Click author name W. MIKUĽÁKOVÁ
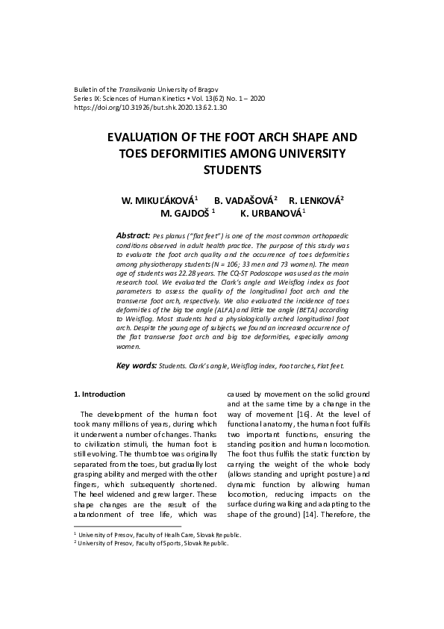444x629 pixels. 159,201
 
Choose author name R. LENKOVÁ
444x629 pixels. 315,201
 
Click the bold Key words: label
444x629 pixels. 136,366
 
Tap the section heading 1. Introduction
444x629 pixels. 99,394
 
